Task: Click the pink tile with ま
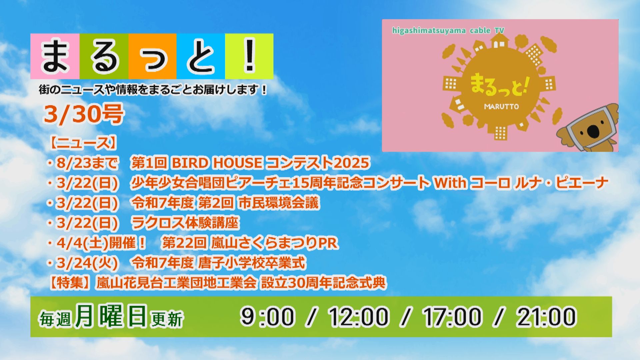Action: (x=55, y=56)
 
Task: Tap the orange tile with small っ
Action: (x=152, y=56)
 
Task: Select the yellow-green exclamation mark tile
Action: (x=249, y=56)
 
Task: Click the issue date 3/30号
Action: (x=84, y=114)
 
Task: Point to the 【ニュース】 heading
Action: (x=83, y=143)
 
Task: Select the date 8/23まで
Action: (x=87, y=163)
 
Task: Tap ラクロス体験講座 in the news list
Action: (x=185, y=223)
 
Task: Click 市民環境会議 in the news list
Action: (x=279, y=203)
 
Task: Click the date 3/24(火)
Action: (x=87, y=263)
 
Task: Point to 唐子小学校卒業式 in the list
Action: (x=252, y=263)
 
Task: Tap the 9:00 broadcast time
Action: (x=267, y=316)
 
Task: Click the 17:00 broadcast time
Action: (x=452, y=316)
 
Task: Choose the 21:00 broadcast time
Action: (x=546, y=316)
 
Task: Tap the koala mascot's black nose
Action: (x=593, y=131)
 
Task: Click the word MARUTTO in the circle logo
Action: (x=501, y=107)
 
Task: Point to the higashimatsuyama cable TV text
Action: (x=448, y=31)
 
